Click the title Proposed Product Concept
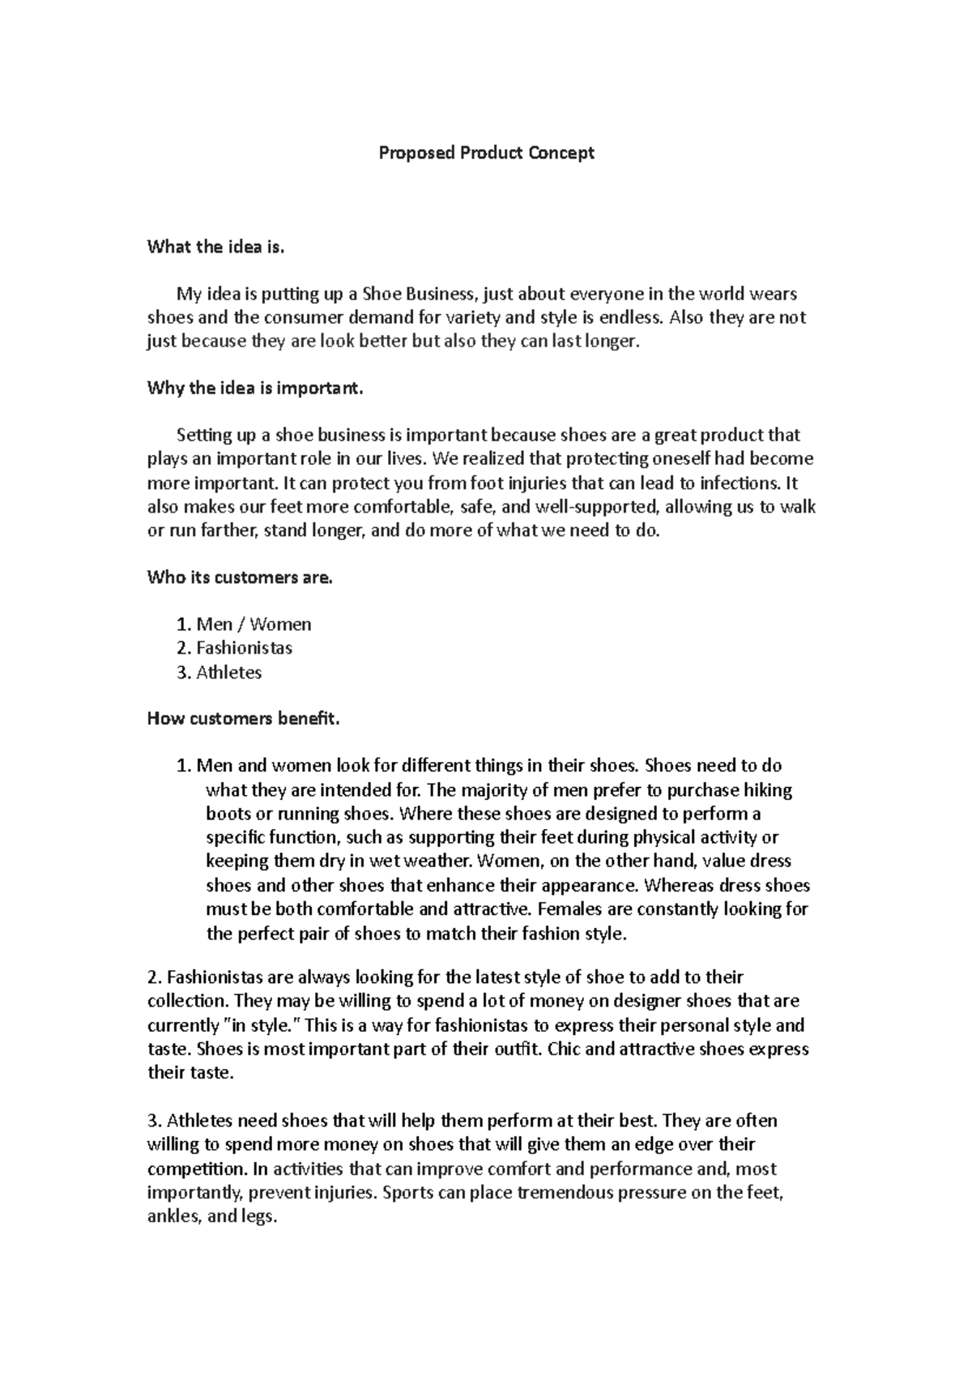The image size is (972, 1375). [487, 153]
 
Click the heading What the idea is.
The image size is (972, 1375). [216, 248]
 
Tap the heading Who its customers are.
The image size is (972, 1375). [240, 578]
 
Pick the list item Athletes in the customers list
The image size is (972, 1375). [229, 672]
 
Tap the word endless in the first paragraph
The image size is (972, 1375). [629, 317]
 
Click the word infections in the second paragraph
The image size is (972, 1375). [740, 483]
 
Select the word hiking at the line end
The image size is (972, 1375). [768, 790]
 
